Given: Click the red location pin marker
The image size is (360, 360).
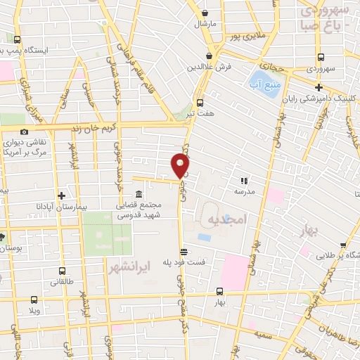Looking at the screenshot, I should [x=181, y=165].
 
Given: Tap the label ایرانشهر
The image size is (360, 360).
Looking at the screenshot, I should [x=130, y=268].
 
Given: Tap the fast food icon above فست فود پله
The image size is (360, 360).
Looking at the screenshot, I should [x=184, y=251].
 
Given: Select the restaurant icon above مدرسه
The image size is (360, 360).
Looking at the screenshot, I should [x=245, y=180].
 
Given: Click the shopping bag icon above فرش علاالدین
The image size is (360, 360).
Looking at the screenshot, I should [x=209, y=56].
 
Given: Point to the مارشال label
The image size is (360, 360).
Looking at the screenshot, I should [x=205, y=23].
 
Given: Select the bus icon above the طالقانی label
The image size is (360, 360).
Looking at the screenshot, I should [x=62, y=271].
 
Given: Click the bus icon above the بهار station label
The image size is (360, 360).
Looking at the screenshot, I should [x=220, y=291].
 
